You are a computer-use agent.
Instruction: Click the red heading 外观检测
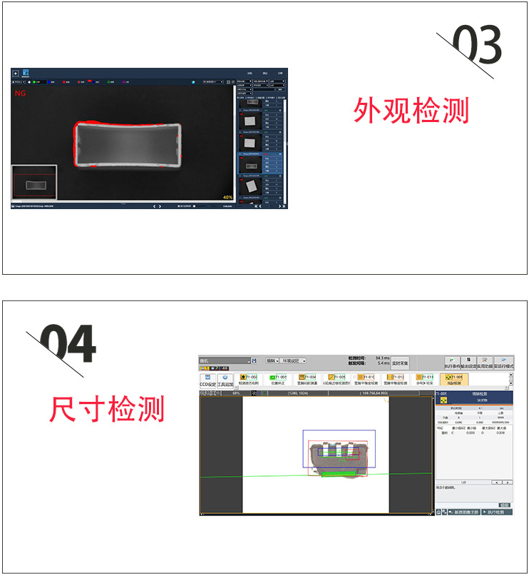pos(411,111)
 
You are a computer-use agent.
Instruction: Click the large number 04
pos(68,345)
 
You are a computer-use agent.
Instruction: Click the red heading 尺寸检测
pos(107,409)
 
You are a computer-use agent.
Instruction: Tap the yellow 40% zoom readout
pos(227,197)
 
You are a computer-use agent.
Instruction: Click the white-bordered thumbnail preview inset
pos(34,183)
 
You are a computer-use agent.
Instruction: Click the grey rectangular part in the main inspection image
pos(128,145)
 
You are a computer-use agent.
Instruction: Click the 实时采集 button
pos(400,363)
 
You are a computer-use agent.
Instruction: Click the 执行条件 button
pos(452,363)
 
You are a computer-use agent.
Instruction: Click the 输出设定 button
pos(469,363)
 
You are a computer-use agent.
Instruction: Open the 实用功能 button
pos(486,363)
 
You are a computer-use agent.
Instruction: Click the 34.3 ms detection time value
pos(382,358)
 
